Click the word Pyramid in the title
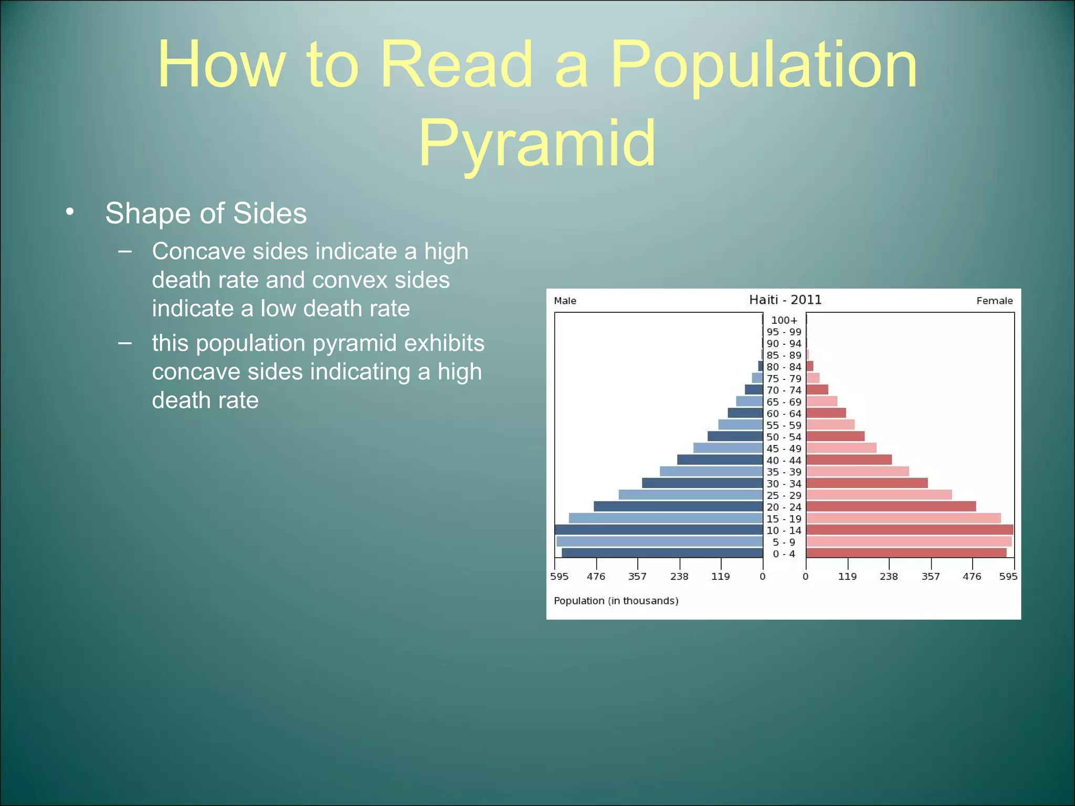537,143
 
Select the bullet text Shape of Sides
206,214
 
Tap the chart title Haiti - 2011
785,300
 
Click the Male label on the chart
565,301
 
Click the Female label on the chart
994,301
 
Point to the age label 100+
784,320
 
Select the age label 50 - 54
784,437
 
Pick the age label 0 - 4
784,554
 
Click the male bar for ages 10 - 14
659,529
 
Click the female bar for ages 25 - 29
879,495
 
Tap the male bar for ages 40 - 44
720,460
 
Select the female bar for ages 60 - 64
826,413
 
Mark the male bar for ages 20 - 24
678,506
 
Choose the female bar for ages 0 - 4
906,553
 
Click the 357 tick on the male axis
637,576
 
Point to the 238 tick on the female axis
889,576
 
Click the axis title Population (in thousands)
616,601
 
